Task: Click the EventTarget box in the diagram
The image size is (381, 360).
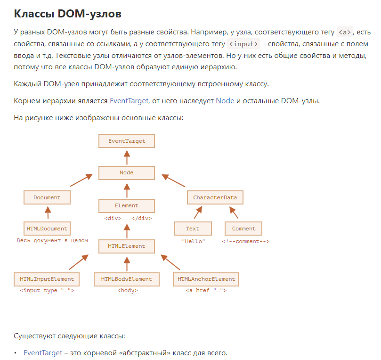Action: coord(127,141)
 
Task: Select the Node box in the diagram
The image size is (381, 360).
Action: coord(127,173)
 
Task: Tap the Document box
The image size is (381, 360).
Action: coord(47,197)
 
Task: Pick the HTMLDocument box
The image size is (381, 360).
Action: coord(47,229)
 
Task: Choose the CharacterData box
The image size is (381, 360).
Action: coord(215,197)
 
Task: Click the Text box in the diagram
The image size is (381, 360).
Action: coord(193,229)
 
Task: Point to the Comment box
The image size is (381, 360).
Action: coord(243,229)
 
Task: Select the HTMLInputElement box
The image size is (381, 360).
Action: coord(47,279)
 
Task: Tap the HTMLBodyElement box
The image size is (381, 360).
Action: coord(127,279)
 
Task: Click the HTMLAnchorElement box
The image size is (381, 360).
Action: coord(206,279)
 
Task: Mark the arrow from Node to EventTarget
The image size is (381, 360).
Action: coord(127,157)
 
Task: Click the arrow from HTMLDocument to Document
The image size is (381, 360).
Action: coord(48,213)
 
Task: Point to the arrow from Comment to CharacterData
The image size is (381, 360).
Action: coord(234,213)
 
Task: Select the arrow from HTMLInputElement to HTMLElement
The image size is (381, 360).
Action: coord(79,262)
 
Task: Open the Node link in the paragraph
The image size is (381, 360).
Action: coord(225,101)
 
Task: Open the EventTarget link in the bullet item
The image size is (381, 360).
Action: coord(43,353)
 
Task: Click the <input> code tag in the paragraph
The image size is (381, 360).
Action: coord(243,44)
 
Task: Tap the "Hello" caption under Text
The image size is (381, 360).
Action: coord(194,241)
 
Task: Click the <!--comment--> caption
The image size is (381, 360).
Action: coord(246,241)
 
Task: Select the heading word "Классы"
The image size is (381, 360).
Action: coord(34,14)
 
